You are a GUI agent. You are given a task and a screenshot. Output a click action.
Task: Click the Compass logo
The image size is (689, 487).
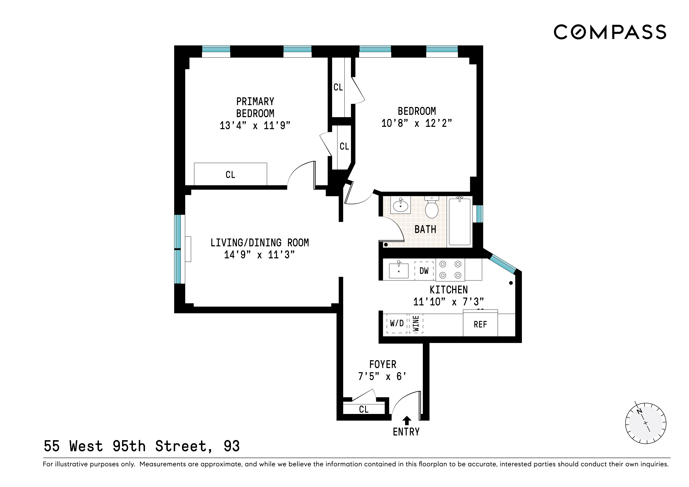[x=610, y=32]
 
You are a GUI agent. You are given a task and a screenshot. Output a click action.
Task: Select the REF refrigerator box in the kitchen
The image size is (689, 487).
[x=480, y=324]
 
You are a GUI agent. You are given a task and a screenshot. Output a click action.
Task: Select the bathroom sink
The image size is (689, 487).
[x=400, y=205]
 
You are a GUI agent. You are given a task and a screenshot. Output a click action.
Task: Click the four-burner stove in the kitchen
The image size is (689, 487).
[x=450, y=269]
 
